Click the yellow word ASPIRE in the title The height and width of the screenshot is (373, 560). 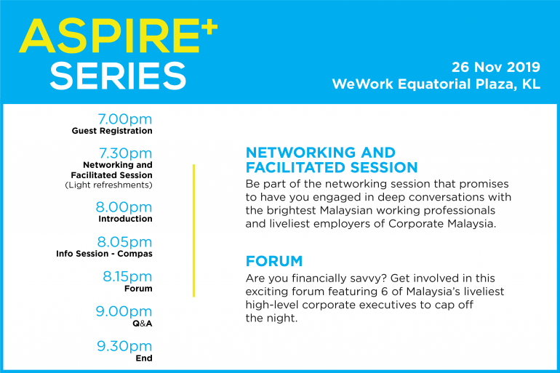pyautogui.click(x=109, y=36)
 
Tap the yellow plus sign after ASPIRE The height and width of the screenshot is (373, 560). pyautogui.click(x=209, y=27)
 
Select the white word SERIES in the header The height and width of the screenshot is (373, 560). pyautogui.click(x=119, y=76)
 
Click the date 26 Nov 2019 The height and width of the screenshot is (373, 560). pyautogui.click(x=496, y=67)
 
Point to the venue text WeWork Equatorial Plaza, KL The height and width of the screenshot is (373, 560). pyautogui.click(x=436, y=84)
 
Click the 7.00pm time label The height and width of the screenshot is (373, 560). pyautogui.click(x=125, y=119)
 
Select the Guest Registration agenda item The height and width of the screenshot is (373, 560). pyautogui.click(x=112, y=131)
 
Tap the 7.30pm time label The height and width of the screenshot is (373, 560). pyautogui.click(x=126, y=153)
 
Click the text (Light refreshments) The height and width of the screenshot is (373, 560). pyautogui.click(x=108, y=185)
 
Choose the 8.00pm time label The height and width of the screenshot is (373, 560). pyautogui.click(x=124, y=207)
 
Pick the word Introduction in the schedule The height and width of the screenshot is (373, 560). pyautogui.click(x=125, y=218)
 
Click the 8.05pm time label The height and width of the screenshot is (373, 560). pyautogui.click(x=124, y=242)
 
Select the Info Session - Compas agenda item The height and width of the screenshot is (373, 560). pyautogui.click(x=104, y=254)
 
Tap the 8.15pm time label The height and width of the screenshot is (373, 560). pyautogui.click(x=127, y=276)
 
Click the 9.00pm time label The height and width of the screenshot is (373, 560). pyautogui.click(x=124, y=312)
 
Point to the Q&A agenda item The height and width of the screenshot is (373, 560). pyautogui.click(x=143, y=324)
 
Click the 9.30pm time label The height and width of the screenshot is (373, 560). pyautogui.click(x=124, y=346)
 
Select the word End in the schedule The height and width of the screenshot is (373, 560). pyautogui.click(x=144, y=358)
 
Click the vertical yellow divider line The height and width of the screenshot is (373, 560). pyautogui.click(x=194, y=230)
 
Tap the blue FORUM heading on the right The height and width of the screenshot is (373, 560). pyautogui.click(x=274, y=261)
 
